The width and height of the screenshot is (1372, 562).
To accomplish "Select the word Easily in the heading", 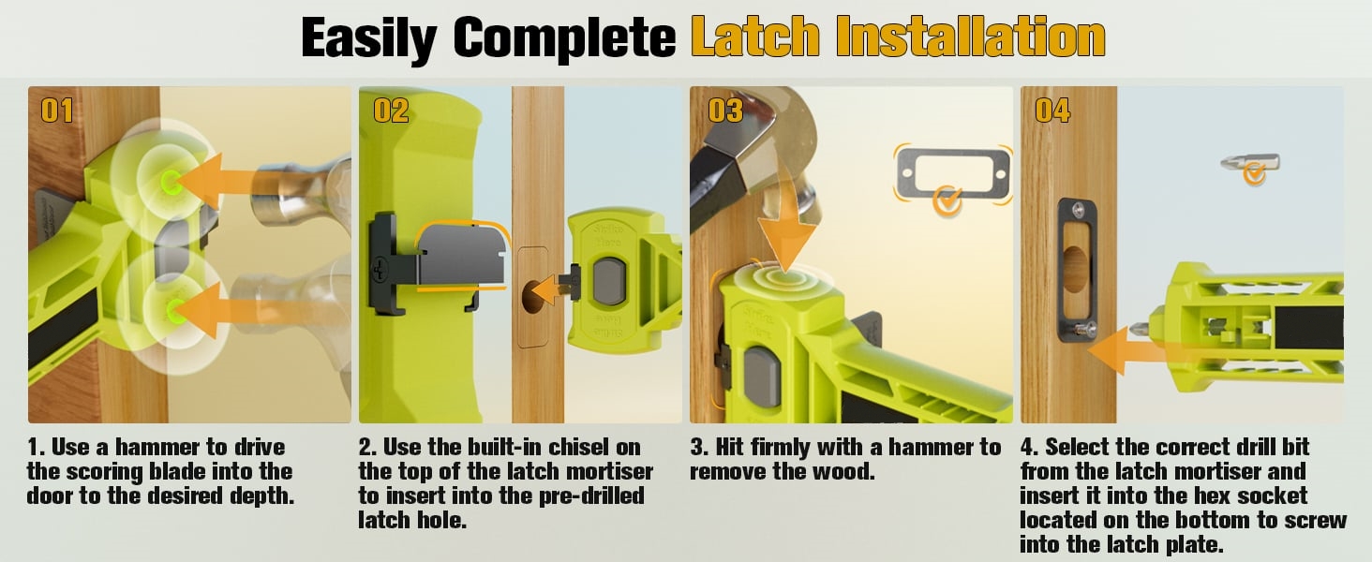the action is (x=368, y=39).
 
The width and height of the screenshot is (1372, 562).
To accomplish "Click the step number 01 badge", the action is (x=56, y=111).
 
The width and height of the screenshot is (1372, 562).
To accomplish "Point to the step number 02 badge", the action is (x=391, y=111).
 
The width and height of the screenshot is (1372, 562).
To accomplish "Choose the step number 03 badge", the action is (x=725, y=111).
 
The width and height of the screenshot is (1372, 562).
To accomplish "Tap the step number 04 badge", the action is (x=1052, y=111).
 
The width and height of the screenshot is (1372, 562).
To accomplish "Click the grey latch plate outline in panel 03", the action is (x=953, y=173).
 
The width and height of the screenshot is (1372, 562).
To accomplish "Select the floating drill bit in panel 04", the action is (x=1249, y=163).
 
